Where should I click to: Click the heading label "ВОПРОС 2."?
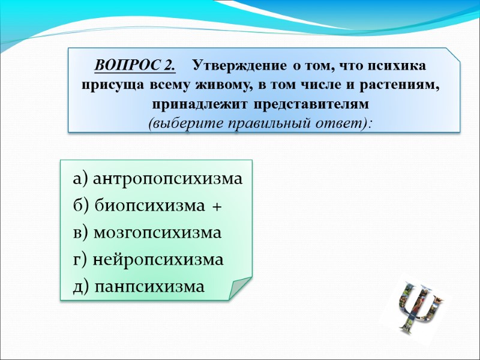tap(135, 65)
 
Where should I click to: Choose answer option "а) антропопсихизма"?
tap(158, 179)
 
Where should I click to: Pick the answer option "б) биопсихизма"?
tap(141, 206)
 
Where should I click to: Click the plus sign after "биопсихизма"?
tap(217, 207)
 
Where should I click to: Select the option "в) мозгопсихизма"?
tap(147, 233)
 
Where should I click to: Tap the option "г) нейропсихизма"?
tap(148, 260)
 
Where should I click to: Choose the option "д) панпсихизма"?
tap(139, 287)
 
